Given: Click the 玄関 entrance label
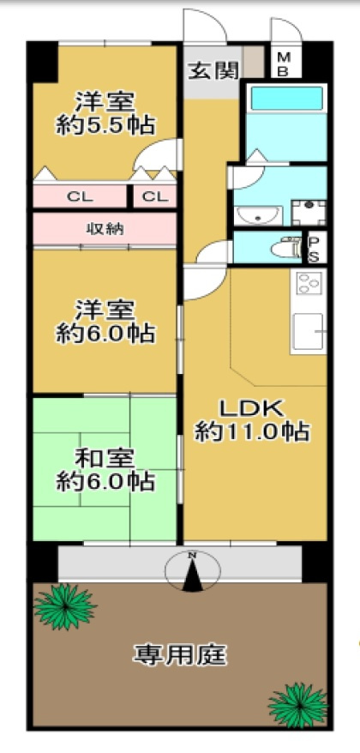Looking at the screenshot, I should (x=213, y=70).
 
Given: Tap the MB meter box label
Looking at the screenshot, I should (x=282, y=63).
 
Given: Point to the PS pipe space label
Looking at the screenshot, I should (x=314, y=249).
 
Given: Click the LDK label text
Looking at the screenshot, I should (x=249, y=406).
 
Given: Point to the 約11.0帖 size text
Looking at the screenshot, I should (x=251, y=431).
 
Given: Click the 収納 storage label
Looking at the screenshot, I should (x=104, y=228).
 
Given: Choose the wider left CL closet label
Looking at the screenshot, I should (x=80, y=196).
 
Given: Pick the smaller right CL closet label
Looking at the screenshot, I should (x=154, y=196).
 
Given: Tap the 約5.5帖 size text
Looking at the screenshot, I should (x=105, y=125).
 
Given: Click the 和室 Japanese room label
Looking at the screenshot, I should (x=105, y=457).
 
